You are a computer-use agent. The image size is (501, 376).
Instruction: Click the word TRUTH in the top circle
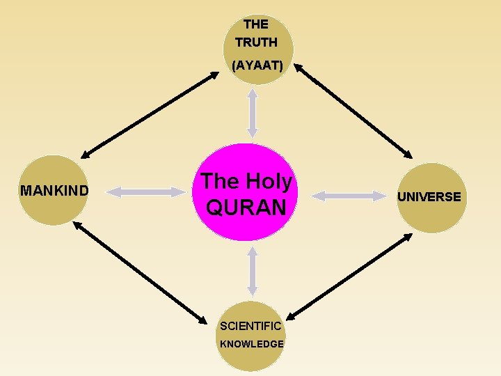click(x=256, y=42)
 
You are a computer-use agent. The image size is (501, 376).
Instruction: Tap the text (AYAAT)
click(x=257, y=65)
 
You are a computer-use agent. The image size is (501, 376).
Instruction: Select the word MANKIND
click(x=54, y=190)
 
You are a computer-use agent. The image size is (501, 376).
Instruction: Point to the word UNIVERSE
click(x=429, y=197)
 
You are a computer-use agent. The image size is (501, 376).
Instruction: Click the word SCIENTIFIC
click(x=250, y=326)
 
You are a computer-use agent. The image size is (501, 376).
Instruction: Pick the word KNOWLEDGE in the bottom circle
click(x=252, y=344)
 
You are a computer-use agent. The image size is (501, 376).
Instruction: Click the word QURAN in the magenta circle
click(x=246, y=207)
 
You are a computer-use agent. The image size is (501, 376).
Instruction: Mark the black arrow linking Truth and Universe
click(x=352, y=111)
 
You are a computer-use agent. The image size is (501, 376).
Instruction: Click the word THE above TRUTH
click(x=256, y=24)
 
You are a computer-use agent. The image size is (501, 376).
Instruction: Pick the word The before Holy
click(x=219, y=182)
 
